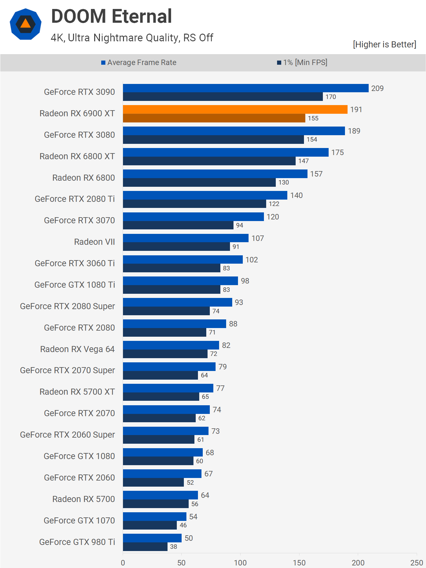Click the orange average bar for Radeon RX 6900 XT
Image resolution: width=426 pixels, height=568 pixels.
(235, 110)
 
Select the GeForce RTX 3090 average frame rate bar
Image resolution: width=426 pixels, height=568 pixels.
(246, 88)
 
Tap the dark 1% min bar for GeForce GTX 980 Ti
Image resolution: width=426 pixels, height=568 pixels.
(145, 547)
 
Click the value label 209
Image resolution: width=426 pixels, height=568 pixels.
(377, 88)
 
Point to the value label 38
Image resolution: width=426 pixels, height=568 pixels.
(174, 547)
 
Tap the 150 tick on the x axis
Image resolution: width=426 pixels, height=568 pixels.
(299, 563)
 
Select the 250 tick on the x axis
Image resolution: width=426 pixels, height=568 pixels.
(416, 563)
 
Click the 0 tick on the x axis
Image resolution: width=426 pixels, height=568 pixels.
(123, 563)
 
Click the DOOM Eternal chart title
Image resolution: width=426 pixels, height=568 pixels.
(111, 16)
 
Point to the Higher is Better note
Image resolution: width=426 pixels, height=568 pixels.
(384, 45)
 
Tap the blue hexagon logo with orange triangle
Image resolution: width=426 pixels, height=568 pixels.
(26, 24)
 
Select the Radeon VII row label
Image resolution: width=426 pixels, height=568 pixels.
(94, 242)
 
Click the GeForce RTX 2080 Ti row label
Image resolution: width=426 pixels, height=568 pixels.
(75, 199)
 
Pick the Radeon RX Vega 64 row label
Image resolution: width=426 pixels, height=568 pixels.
(77, 349)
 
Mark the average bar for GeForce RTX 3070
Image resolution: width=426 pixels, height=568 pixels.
(193, 217)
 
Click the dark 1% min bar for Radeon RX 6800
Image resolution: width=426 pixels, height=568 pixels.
(199, 182)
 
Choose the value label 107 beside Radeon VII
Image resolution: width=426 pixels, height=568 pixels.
(258, 238)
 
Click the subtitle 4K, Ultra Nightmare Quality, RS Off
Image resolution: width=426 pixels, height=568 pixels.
(132, 38)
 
